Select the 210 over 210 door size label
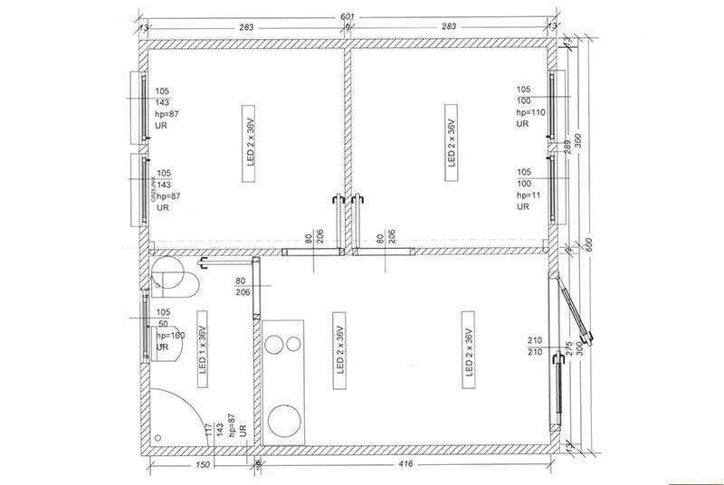tap(534, 346)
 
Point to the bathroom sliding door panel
tap(257, 286)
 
